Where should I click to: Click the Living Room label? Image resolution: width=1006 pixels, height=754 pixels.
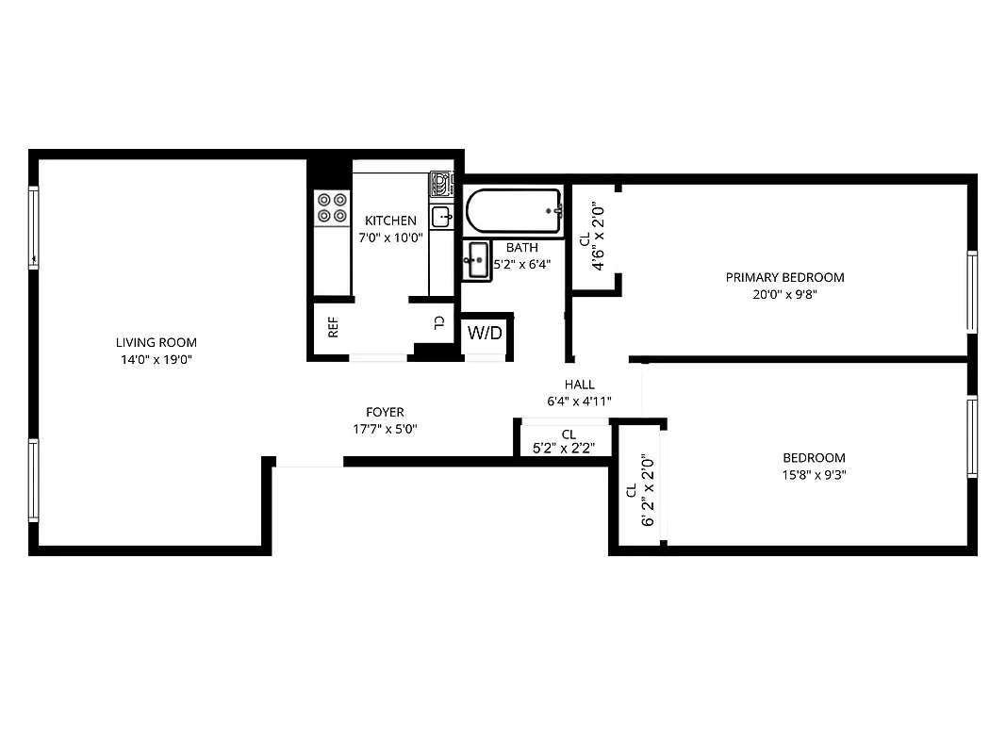coord(156,343)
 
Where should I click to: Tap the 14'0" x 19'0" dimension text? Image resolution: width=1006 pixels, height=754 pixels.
coord(156,360)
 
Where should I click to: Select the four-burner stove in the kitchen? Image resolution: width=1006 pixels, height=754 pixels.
coord(331,207)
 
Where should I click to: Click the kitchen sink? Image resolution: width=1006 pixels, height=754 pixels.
coord(441,217)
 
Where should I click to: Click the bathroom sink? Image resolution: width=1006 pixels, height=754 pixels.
coord(478,259)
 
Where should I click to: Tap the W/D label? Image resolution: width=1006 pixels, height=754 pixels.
coord(486,334)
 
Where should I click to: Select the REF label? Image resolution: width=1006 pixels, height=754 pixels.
coord(333,328)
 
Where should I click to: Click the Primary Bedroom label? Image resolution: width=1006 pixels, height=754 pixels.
coord(784,277)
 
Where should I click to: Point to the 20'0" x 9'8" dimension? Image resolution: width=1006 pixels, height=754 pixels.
coord(784,294)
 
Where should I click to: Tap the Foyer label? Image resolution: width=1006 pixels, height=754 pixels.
coord(385,412)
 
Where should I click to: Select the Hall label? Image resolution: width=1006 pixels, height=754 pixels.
coord(579,385)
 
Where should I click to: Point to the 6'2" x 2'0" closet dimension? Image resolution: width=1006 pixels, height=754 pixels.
coord(648,490)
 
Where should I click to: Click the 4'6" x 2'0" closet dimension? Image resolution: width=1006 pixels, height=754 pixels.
coord(598,238)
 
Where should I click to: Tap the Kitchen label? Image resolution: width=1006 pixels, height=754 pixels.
coord(390,221)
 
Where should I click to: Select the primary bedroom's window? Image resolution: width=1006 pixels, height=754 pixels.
coord(971,291)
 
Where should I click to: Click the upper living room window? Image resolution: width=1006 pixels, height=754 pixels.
coord(34,228)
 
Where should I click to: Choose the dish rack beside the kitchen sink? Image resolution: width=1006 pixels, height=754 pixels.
coord(441,184)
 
